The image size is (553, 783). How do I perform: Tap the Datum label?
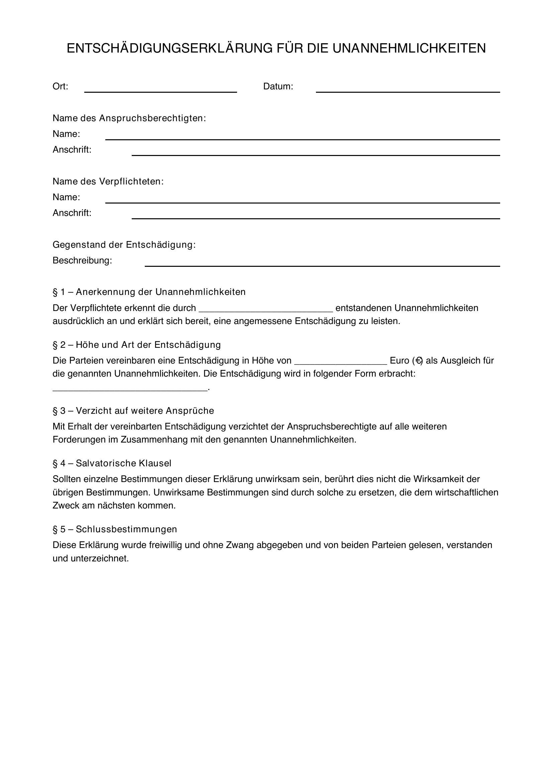278,87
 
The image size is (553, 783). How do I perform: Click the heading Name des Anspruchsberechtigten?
129,118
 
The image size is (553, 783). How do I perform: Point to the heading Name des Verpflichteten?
108,181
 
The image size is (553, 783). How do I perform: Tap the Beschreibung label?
82,260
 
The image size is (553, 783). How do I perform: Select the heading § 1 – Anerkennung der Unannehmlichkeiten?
149,292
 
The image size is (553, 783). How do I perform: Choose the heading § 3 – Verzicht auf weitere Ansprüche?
133,411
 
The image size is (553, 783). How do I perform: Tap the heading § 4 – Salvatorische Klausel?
112,463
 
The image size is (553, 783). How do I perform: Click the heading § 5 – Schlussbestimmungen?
115,529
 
